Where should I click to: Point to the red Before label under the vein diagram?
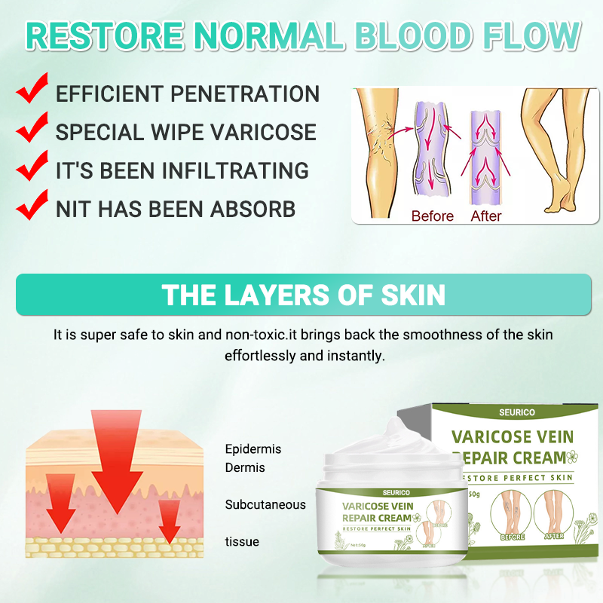[x=432, y=216]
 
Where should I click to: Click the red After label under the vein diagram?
[x=485, y=216]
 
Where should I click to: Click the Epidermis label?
[x=253, y=449]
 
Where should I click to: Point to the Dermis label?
[x=245, y=468]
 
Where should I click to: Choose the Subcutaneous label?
[x=265, y=504]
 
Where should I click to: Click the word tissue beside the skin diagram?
[x=242, y=541]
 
